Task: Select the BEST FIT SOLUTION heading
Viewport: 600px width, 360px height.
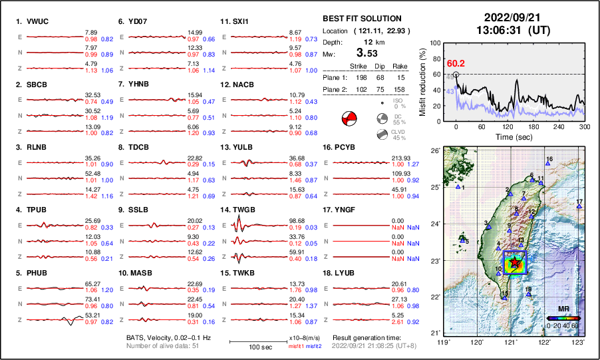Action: [x=362, y=19]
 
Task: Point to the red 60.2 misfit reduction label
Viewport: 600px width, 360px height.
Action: [x=456, y=63]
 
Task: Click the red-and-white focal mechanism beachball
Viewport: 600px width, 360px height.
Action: [x=349, y=119]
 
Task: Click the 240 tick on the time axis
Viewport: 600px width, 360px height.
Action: [x=558, y=126]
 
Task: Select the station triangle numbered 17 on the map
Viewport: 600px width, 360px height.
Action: [x=579, y=207]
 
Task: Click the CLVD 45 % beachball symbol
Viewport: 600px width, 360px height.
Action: [x=382, y=135]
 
